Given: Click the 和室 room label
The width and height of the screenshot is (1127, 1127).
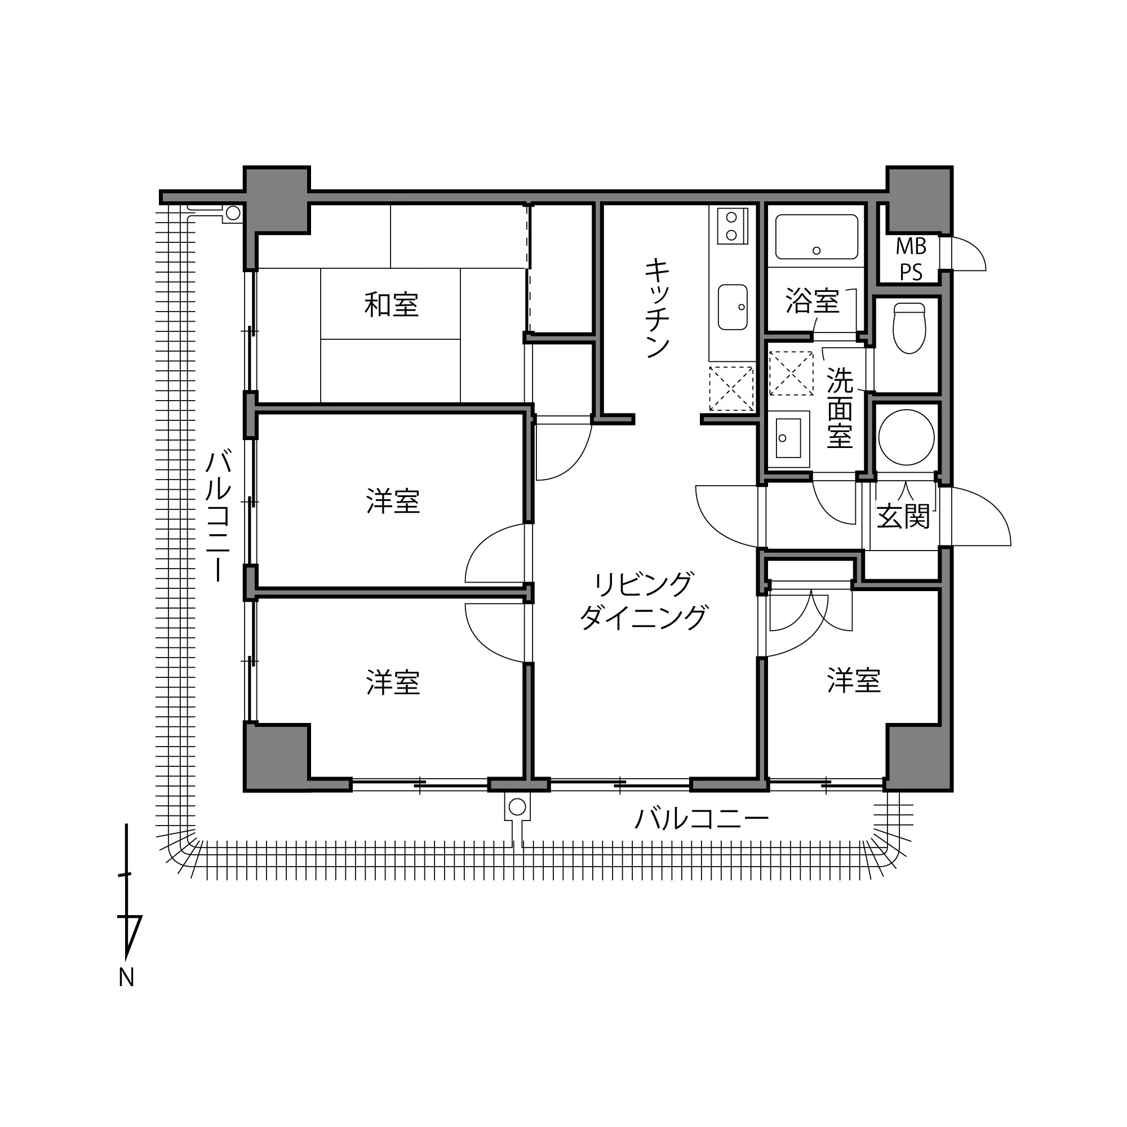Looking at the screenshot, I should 392,304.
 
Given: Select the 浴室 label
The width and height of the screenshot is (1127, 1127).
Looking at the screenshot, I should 812,300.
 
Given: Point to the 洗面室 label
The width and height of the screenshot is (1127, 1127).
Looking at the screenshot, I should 840,408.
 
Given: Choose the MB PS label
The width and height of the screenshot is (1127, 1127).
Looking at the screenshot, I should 911,259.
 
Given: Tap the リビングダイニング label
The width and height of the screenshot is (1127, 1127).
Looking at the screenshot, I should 644,601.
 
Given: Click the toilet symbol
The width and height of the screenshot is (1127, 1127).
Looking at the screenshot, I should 909,328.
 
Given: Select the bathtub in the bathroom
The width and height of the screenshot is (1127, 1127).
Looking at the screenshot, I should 817,237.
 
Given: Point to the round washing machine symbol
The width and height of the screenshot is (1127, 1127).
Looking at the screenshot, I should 906,437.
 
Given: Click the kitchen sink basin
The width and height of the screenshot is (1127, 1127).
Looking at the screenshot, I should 733,307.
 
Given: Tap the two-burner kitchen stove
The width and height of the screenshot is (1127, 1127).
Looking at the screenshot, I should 732,227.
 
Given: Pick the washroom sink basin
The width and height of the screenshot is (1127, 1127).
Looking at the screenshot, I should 788,437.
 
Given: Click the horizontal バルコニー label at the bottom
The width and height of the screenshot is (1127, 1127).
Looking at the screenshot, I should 701,819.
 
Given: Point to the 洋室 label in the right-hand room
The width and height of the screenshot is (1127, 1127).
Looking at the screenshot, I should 853,681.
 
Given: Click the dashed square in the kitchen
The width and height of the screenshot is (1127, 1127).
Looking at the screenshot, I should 731,388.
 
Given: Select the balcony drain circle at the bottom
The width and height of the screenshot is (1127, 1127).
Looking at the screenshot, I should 517,807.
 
